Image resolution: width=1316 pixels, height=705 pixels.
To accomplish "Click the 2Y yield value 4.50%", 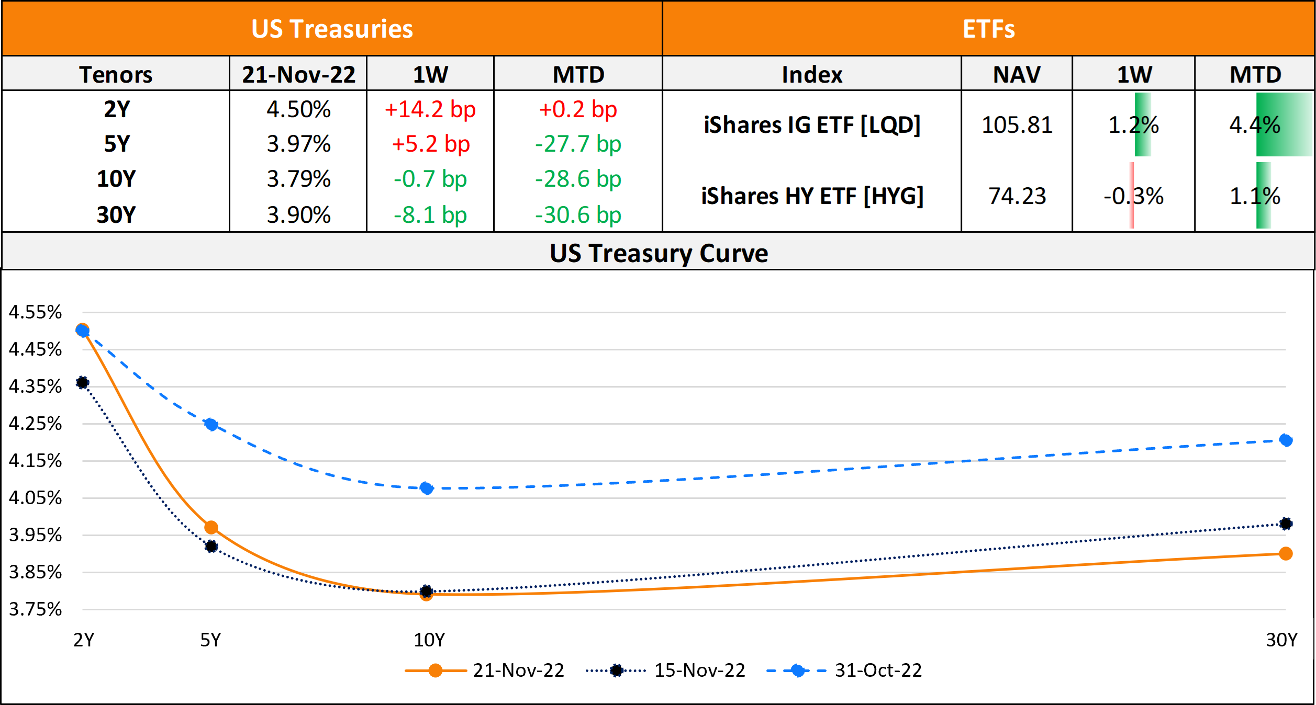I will (298, 110).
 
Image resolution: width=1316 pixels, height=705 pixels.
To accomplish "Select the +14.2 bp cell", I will (430, 110).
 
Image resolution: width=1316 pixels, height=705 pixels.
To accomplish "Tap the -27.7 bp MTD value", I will (578, 144).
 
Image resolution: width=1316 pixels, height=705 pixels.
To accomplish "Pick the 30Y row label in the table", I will (116, 215).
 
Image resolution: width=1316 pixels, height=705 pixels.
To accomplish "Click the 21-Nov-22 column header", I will (298, 74).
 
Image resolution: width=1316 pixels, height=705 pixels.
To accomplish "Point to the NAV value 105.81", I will (1017, 126).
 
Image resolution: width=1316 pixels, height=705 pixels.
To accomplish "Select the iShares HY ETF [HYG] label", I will (812, 196).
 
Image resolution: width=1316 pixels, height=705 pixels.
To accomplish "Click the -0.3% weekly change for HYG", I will (1133, 196).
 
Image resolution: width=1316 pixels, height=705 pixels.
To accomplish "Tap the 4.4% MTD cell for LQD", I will (1255, 126).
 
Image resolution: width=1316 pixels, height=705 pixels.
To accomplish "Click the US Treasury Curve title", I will (659, 253).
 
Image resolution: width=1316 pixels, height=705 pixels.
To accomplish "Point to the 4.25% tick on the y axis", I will (35, 424).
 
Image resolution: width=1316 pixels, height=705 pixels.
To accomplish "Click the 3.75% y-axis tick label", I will (35, 609).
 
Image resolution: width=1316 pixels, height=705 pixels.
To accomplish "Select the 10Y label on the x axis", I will (429, 640).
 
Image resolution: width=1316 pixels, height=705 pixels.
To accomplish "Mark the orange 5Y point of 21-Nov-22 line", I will (211, 528).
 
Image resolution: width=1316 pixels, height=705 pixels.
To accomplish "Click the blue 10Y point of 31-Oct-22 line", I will (427, 488).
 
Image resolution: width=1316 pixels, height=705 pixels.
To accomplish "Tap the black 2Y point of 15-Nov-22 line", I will (82, 383).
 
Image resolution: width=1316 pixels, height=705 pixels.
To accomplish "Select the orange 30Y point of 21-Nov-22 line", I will (1285, 553).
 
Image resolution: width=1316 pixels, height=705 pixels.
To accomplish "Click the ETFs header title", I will (988, 29).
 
